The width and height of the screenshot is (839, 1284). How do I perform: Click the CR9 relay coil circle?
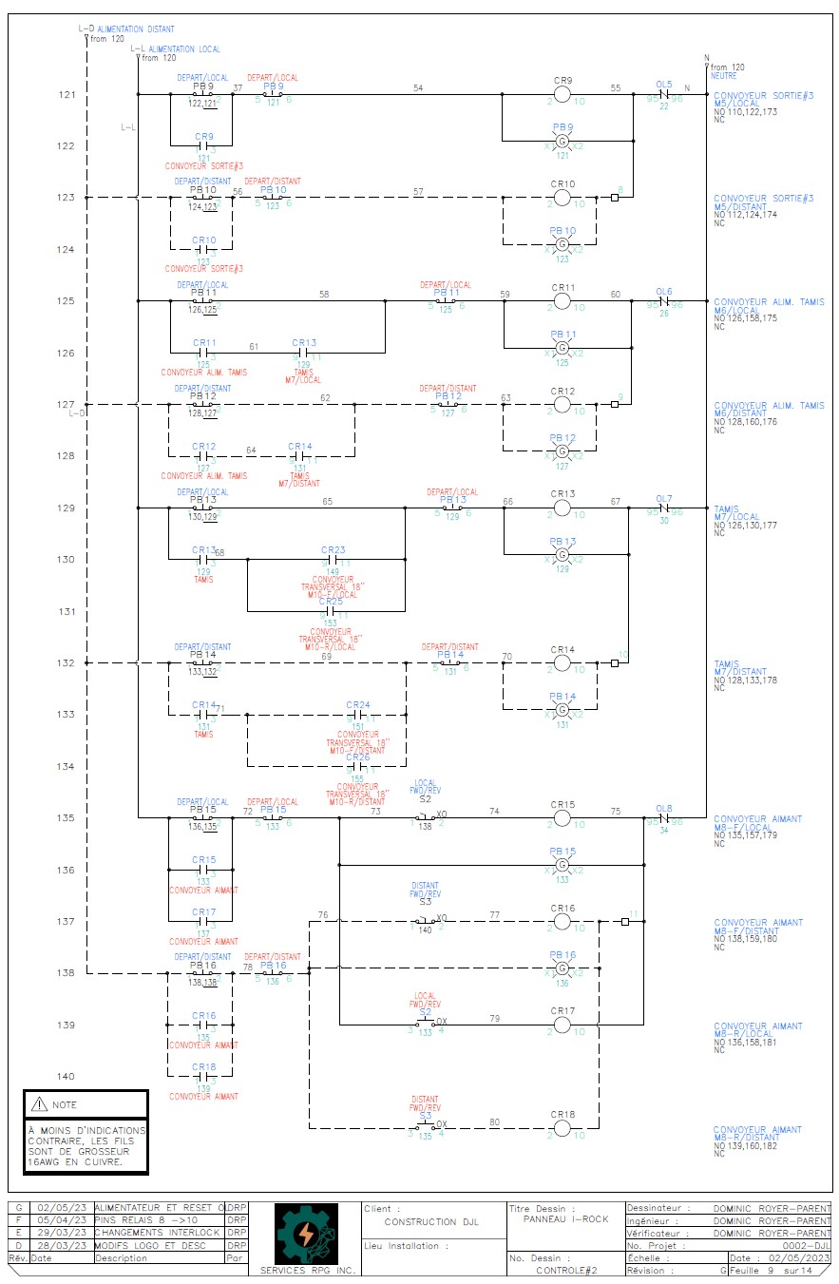[562, 95]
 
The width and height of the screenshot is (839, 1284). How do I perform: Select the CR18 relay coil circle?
[562, 1128]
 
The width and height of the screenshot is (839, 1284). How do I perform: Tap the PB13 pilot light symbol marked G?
[562, 554]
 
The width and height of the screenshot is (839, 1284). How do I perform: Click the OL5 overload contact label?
[664, 85]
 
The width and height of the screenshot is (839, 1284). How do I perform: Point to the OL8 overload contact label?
[664, 809]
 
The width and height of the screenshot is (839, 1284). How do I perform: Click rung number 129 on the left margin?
[66, 508]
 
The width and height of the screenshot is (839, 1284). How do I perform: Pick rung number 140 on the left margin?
[66, 1077]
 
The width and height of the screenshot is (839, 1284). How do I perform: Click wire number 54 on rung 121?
[418, 88]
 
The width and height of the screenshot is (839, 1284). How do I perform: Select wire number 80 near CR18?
[494, 1121]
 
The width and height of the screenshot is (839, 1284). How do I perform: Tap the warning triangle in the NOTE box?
[39, 1104]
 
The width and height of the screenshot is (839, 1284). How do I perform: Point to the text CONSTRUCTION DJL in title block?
[431, 1222]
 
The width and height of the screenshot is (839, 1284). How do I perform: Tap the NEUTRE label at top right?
[723, 75]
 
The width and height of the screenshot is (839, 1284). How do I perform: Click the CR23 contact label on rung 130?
[333, 550]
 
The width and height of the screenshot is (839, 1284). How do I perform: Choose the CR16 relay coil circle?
[562, 921]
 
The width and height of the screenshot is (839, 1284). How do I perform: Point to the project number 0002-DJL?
[807, 1245]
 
